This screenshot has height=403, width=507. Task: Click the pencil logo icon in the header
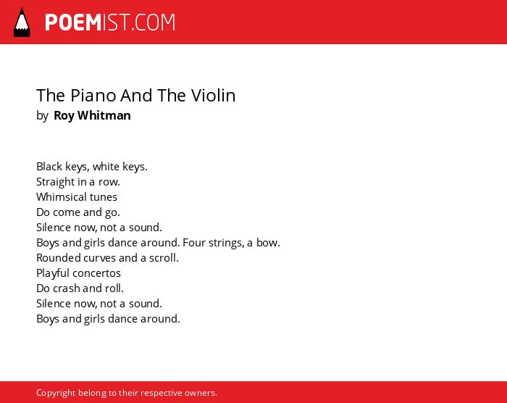[x=22, y=22]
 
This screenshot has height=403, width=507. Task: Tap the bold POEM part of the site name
[x=73, y=22]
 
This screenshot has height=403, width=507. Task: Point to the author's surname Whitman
[x=104, y=115]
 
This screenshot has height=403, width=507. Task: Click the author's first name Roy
[x=64, y=116]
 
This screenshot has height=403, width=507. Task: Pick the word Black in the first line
[x=49, y=167]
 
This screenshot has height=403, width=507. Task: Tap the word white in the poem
[x=106, y=167]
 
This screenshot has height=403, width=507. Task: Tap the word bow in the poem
[x=268, y=243]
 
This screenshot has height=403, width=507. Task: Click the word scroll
[x=164, y=258]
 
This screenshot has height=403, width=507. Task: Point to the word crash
[x=67, y=288]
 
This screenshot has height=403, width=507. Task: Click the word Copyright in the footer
[x=56, y=393]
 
